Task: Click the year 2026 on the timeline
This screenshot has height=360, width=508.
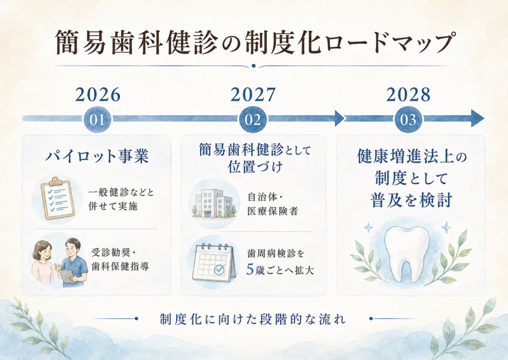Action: [x=98, y=95]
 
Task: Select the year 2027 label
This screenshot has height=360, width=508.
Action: [x=253, y=95]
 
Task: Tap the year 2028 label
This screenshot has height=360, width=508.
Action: [x=408, y=95]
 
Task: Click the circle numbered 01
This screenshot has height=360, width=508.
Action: [x=98, y=120]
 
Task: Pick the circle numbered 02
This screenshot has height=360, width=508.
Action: [x=253, y=120]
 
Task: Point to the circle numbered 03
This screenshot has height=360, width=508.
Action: [x=408, y=120]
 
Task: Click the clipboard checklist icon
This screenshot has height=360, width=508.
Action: [x=58, y=198]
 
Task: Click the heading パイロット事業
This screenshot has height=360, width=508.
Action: [x=97, y=156]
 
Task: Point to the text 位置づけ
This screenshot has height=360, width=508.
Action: [x=255, y=167]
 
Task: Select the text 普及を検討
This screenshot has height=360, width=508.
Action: [x=411, y=200]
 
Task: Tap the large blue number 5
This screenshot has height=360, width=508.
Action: [x=250, y=269]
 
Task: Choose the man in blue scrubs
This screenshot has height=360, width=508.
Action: [x=73, y=263]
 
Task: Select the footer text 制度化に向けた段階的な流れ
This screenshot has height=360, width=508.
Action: [x=253, y=319]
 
